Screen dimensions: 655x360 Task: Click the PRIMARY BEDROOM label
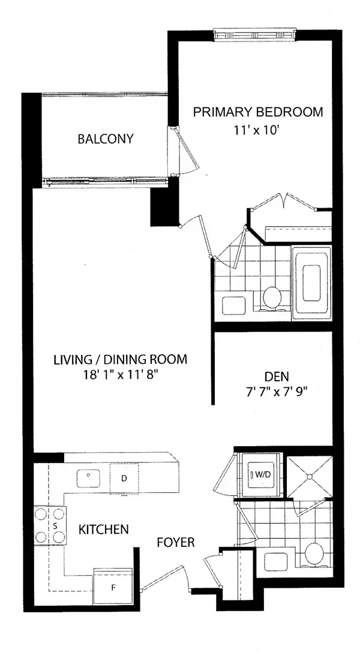(257, 112)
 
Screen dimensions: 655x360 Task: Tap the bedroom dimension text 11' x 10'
(257, 130)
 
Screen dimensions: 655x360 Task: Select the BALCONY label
(106, 139)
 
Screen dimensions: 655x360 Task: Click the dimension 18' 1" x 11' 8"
(120, 374)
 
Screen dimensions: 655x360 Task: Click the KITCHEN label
(104, 530)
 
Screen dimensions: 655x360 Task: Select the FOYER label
(175, 542)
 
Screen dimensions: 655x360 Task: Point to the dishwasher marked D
(124, 478)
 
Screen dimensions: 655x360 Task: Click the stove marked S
(55, 525)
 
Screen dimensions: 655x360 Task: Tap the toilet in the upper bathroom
(274, 297)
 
